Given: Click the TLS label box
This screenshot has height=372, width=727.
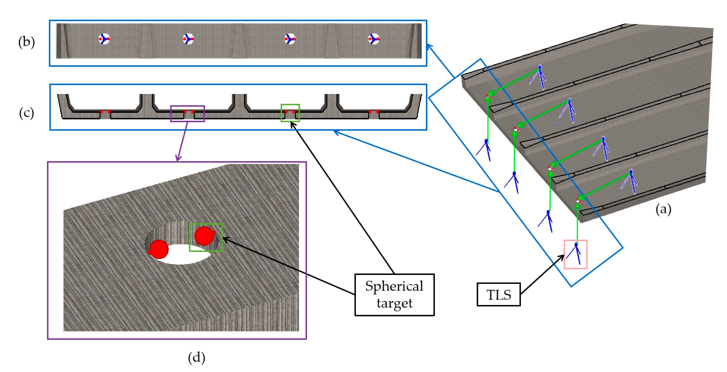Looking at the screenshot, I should click(498, 294).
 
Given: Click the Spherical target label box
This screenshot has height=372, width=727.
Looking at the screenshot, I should click(394, 294).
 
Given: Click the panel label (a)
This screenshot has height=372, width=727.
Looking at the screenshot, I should click(663, 209).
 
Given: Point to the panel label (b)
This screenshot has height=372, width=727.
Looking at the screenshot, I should click(26, 42).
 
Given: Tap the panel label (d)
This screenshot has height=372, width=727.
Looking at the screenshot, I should click(196, 358).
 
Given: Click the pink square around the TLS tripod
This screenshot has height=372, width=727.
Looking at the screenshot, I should click(576, 254).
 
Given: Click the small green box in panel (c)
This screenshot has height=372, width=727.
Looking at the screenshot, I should click(290, 113).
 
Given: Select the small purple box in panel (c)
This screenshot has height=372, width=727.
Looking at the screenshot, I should click(187, 114).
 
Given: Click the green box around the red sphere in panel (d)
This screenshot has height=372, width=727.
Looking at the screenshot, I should click(206, 237).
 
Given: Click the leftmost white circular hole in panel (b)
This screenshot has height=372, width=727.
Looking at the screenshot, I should click(104, 39).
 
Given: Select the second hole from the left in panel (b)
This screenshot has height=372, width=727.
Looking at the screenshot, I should click(188, 39).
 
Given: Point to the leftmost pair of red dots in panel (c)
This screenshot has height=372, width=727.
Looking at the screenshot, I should click(105, 112).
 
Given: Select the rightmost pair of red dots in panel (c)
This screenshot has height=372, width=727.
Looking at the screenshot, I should click(374, 112).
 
